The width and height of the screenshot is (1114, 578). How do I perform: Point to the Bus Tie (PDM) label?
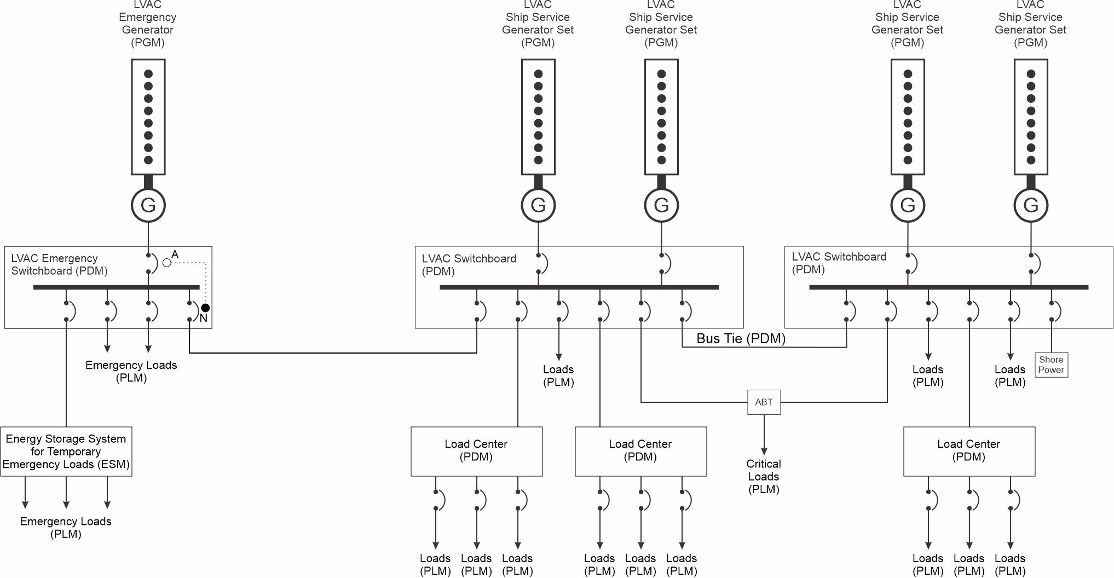741,338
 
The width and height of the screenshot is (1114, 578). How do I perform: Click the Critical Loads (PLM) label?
764,476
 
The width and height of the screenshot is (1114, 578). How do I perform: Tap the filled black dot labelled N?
205,308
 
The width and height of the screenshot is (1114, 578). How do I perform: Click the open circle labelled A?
167,263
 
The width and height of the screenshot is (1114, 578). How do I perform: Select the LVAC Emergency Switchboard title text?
59,264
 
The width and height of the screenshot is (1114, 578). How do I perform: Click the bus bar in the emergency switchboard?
117,287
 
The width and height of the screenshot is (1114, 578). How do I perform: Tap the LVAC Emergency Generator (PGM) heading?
148,24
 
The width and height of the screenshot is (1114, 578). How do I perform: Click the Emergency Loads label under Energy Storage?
66,528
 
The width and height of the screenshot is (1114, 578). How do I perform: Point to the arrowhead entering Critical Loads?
764,450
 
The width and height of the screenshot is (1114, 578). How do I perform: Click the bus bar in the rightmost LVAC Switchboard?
949,287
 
